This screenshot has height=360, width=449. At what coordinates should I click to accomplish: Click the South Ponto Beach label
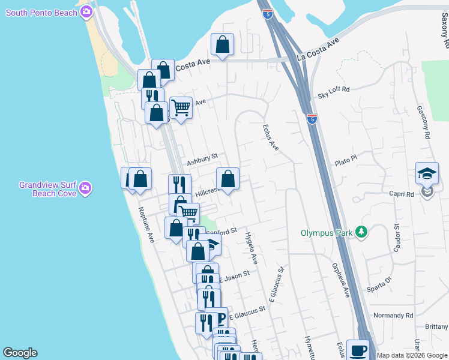(42, 13)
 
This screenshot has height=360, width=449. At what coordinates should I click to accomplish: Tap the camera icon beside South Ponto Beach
(87, 12)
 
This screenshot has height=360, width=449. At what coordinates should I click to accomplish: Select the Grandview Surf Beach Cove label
(48, 189)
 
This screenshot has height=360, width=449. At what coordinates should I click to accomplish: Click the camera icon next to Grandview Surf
(86, 188)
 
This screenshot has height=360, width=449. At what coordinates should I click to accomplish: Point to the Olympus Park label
(327, 232)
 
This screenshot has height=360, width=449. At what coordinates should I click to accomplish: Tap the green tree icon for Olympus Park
(361, 232)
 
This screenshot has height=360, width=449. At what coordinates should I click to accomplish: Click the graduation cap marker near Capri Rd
(427, 173)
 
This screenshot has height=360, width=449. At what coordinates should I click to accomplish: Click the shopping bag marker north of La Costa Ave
(222, 44)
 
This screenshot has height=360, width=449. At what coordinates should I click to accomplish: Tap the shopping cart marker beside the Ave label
(181, 109)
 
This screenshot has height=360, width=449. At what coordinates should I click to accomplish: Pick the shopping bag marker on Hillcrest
(228, 179)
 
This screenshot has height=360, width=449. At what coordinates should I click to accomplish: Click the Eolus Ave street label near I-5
(271, 137)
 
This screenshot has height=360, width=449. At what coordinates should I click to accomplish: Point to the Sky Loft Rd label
(334, 92)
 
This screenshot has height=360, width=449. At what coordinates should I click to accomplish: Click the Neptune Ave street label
(146, 225)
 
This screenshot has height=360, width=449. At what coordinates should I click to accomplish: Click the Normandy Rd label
(393, 315)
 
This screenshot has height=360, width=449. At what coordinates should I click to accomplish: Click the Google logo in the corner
(20, 353)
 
